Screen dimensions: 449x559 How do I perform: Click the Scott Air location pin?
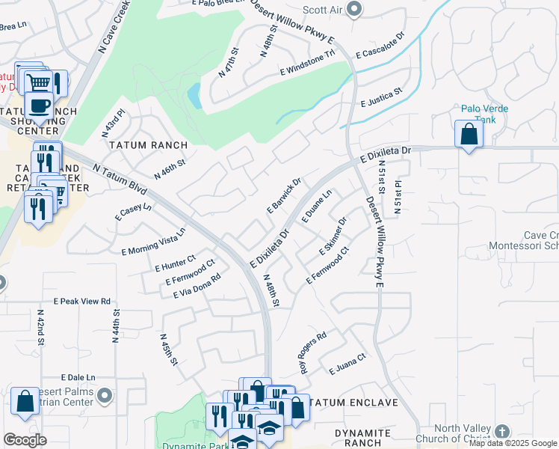coord(354,10)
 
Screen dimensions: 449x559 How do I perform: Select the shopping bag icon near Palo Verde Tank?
coord(469,135)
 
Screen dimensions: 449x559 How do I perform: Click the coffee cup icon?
coord(39,105)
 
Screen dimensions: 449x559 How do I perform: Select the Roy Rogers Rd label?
coord(313,353)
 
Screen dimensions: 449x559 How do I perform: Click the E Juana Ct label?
coord(347,365)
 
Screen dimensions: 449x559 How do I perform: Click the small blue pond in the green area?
coord(194,95)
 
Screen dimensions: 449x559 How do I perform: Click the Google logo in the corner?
coord(25,440)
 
